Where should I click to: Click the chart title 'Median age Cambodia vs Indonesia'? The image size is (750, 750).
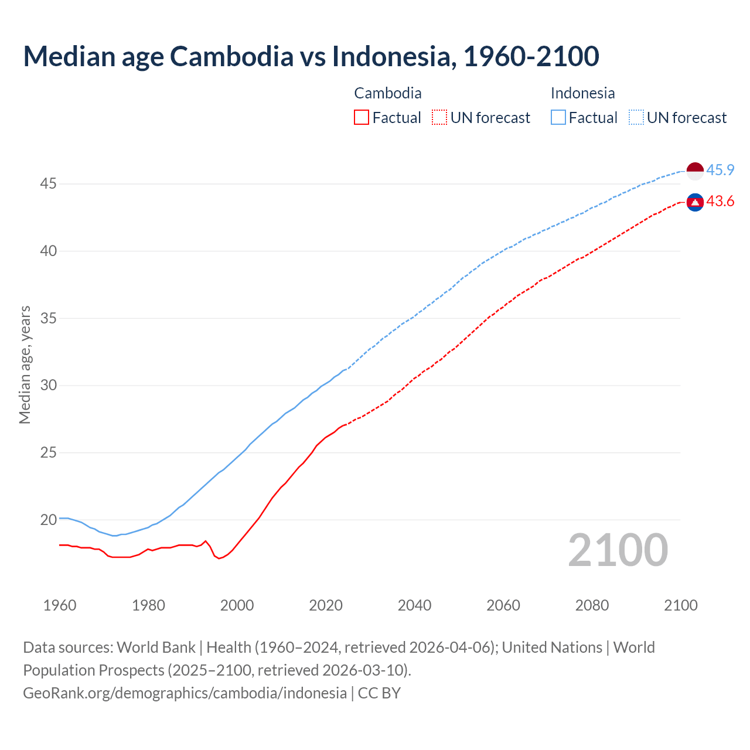(x=311, y=56)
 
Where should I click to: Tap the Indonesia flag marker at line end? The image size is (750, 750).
(x=695, y=171)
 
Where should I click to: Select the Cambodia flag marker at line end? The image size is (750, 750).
(x=695, y=202)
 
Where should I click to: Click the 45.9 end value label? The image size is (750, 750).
(x=720, y=171)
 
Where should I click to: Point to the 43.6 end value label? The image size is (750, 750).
(x=720, y=202)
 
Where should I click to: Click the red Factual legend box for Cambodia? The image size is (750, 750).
(x=362, y=118)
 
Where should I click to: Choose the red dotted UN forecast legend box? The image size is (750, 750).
(x=439, y=118)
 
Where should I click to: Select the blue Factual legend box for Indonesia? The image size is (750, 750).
(x=558, y=118)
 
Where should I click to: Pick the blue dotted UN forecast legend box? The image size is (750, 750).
(x=636, y=118)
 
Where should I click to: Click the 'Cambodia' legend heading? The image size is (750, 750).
(x=388, y=93)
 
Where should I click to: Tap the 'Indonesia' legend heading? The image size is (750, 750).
(x=582, y=93)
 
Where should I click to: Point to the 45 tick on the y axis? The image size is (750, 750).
(x=48, y=184)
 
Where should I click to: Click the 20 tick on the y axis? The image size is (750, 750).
(x=48, y=520)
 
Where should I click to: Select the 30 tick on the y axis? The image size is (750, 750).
(x=48, y=386)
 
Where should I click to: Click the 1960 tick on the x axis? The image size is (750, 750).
(x=60, y=605)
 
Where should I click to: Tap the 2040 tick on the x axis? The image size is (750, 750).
(x=414, y=605)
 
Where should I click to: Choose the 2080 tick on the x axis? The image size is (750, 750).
(x=592, y=605)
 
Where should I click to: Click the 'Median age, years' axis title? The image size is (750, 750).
(x=25, y=364)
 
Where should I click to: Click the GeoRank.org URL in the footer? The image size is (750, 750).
(x=185, y=693)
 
